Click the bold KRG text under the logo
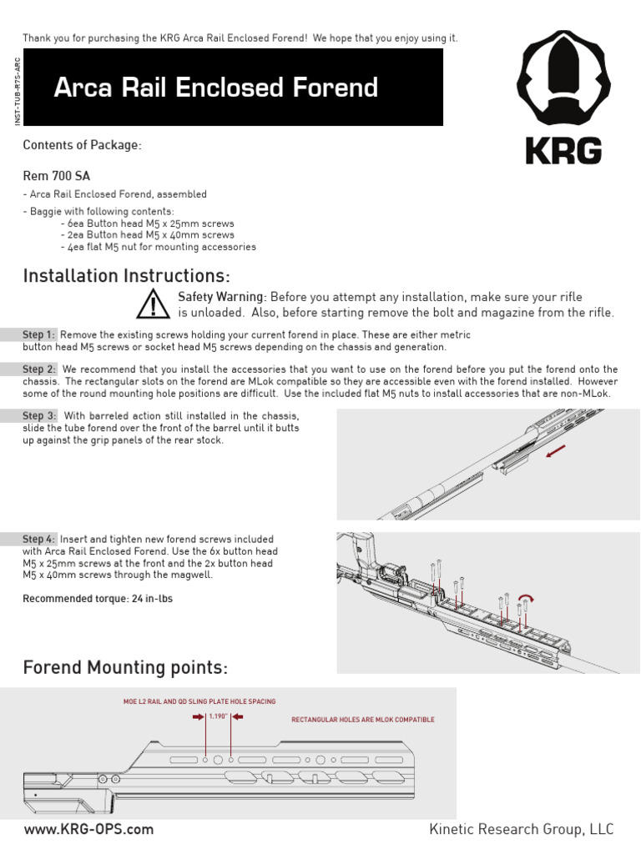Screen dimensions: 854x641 click(x=564, y=151)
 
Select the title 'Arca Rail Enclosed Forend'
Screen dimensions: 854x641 click(x=215, y=88)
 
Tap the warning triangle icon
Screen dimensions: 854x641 click(x=153, y=304)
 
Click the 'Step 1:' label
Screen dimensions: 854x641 click(x=39, y=334)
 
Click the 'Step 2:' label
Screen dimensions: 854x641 click(x=39, y=369)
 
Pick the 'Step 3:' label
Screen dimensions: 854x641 click(x=39, y=415)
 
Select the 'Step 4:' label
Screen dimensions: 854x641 click(x=39, y=540)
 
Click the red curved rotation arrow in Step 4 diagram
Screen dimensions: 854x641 click(x=526, y=597)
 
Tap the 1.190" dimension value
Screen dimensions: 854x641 click(x=218, y=716)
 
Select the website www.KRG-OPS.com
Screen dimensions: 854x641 click(x=88, y=829)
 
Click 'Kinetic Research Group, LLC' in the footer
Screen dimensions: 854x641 click(x=521, y=829)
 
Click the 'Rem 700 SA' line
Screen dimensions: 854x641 click(x=57, y=176)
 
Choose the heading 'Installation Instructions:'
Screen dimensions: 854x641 click(x=127, y=275)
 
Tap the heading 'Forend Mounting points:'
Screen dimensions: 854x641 click(x=124, y=668)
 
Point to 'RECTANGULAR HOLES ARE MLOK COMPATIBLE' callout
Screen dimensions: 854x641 click(x=362, y=720)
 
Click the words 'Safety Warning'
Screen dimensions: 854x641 click(x=222, y=298)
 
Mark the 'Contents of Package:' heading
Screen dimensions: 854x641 click(x=82, y=145)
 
